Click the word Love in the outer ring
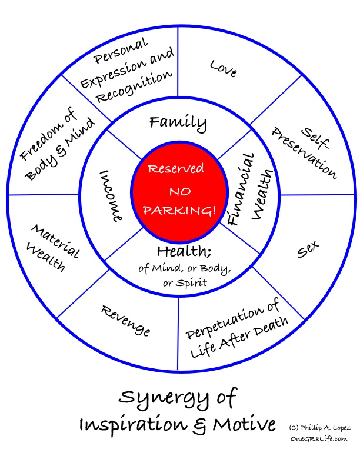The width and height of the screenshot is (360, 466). (223, 68)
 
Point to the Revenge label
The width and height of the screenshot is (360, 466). (125, 320)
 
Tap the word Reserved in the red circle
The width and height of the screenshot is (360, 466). (176, 169)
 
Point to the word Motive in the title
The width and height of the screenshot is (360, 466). (244, 424)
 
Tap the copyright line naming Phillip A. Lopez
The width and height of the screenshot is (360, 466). (319, 428)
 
